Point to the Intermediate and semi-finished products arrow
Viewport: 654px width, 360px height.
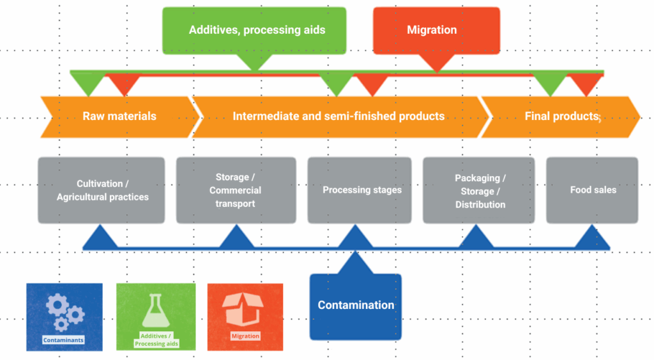click(x=338, y=116)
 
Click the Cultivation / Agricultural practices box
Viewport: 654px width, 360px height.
click(x=102, y=190)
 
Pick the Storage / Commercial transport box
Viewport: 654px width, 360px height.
click(x=236, y=190)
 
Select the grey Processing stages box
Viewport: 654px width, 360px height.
click(x=362, y=190)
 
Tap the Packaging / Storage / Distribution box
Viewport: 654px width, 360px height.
click(x=480, y=191)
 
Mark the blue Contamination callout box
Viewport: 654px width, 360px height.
click(x=356, y=305)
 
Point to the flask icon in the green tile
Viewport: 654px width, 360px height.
click(x=155, y=310)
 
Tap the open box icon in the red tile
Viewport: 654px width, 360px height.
click(x=245, y=309)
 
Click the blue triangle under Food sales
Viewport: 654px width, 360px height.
click(x=592, y=237)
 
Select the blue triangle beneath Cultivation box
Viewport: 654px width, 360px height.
click(x=100, y=237)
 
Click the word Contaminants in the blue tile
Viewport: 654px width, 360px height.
click(x=63, y=340)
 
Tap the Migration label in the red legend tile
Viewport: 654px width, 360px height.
click(x=245, y=336)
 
